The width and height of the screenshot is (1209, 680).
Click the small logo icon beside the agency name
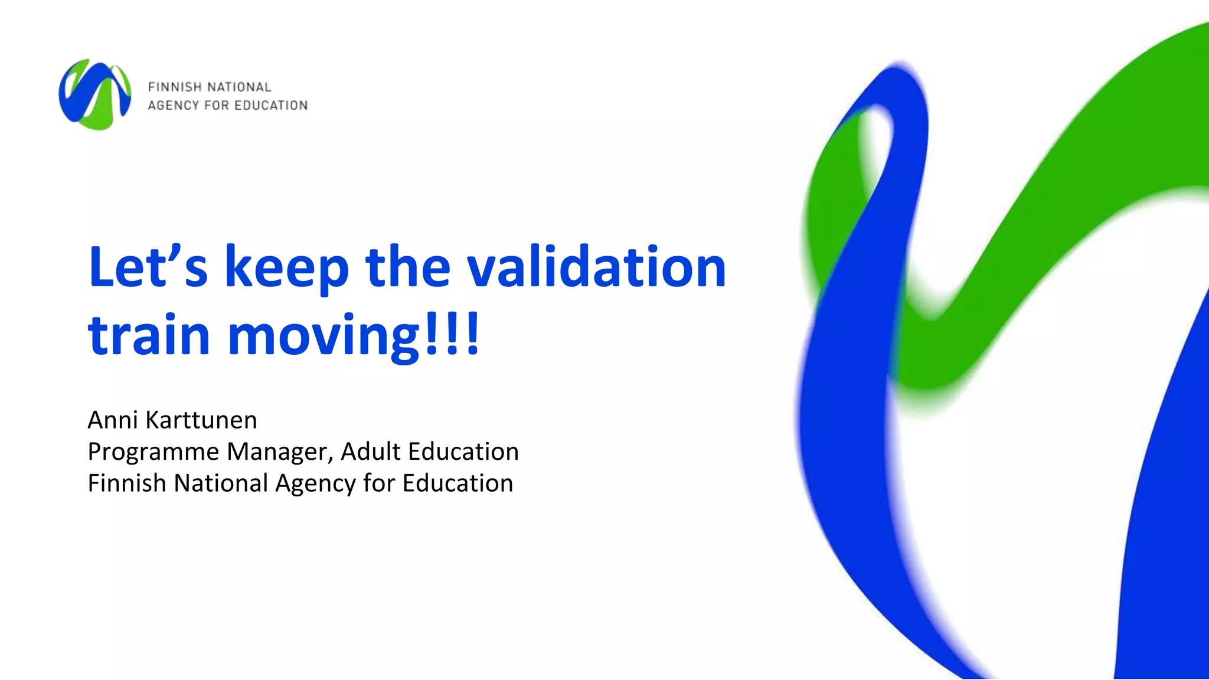(x=94, y=94)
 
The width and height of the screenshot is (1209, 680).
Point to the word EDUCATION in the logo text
(x=271, y=106)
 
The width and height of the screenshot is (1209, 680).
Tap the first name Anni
(x=113, y=420)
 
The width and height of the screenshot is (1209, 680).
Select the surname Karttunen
(x=201, y=420)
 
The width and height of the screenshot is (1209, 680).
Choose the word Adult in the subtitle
(x=371, y=451)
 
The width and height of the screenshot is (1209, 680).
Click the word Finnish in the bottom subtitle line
(x=127, y=483)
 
